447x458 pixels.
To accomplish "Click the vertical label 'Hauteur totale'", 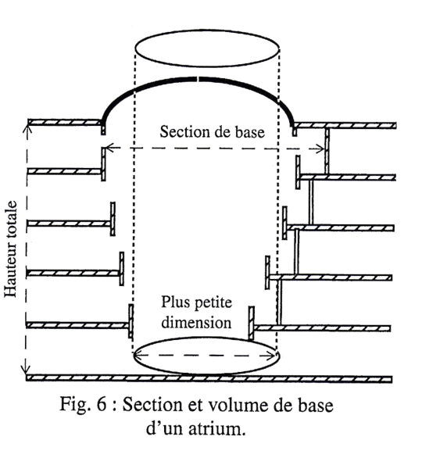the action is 11,249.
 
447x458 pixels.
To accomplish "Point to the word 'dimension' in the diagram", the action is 196,323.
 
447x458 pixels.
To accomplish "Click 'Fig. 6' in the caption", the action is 83,404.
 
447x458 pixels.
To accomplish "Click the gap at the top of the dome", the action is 198,79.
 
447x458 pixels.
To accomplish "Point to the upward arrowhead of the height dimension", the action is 27,128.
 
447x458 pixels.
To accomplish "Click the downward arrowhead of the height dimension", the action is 26,370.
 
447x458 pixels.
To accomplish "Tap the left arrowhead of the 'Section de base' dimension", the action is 109,148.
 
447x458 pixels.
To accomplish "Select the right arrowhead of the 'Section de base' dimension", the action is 320,148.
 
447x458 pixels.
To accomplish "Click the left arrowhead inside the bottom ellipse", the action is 138,355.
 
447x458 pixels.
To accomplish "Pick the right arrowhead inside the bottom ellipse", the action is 270,356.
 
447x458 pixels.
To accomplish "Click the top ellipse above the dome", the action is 207,30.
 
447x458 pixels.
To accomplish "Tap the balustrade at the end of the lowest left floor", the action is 131,321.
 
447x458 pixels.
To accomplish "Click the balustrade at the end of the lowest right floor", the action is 251,323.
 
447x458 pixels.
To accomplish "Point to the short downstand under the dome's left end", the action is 103,130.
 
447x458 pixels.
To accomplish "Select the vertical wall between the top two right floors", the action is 327,151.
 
